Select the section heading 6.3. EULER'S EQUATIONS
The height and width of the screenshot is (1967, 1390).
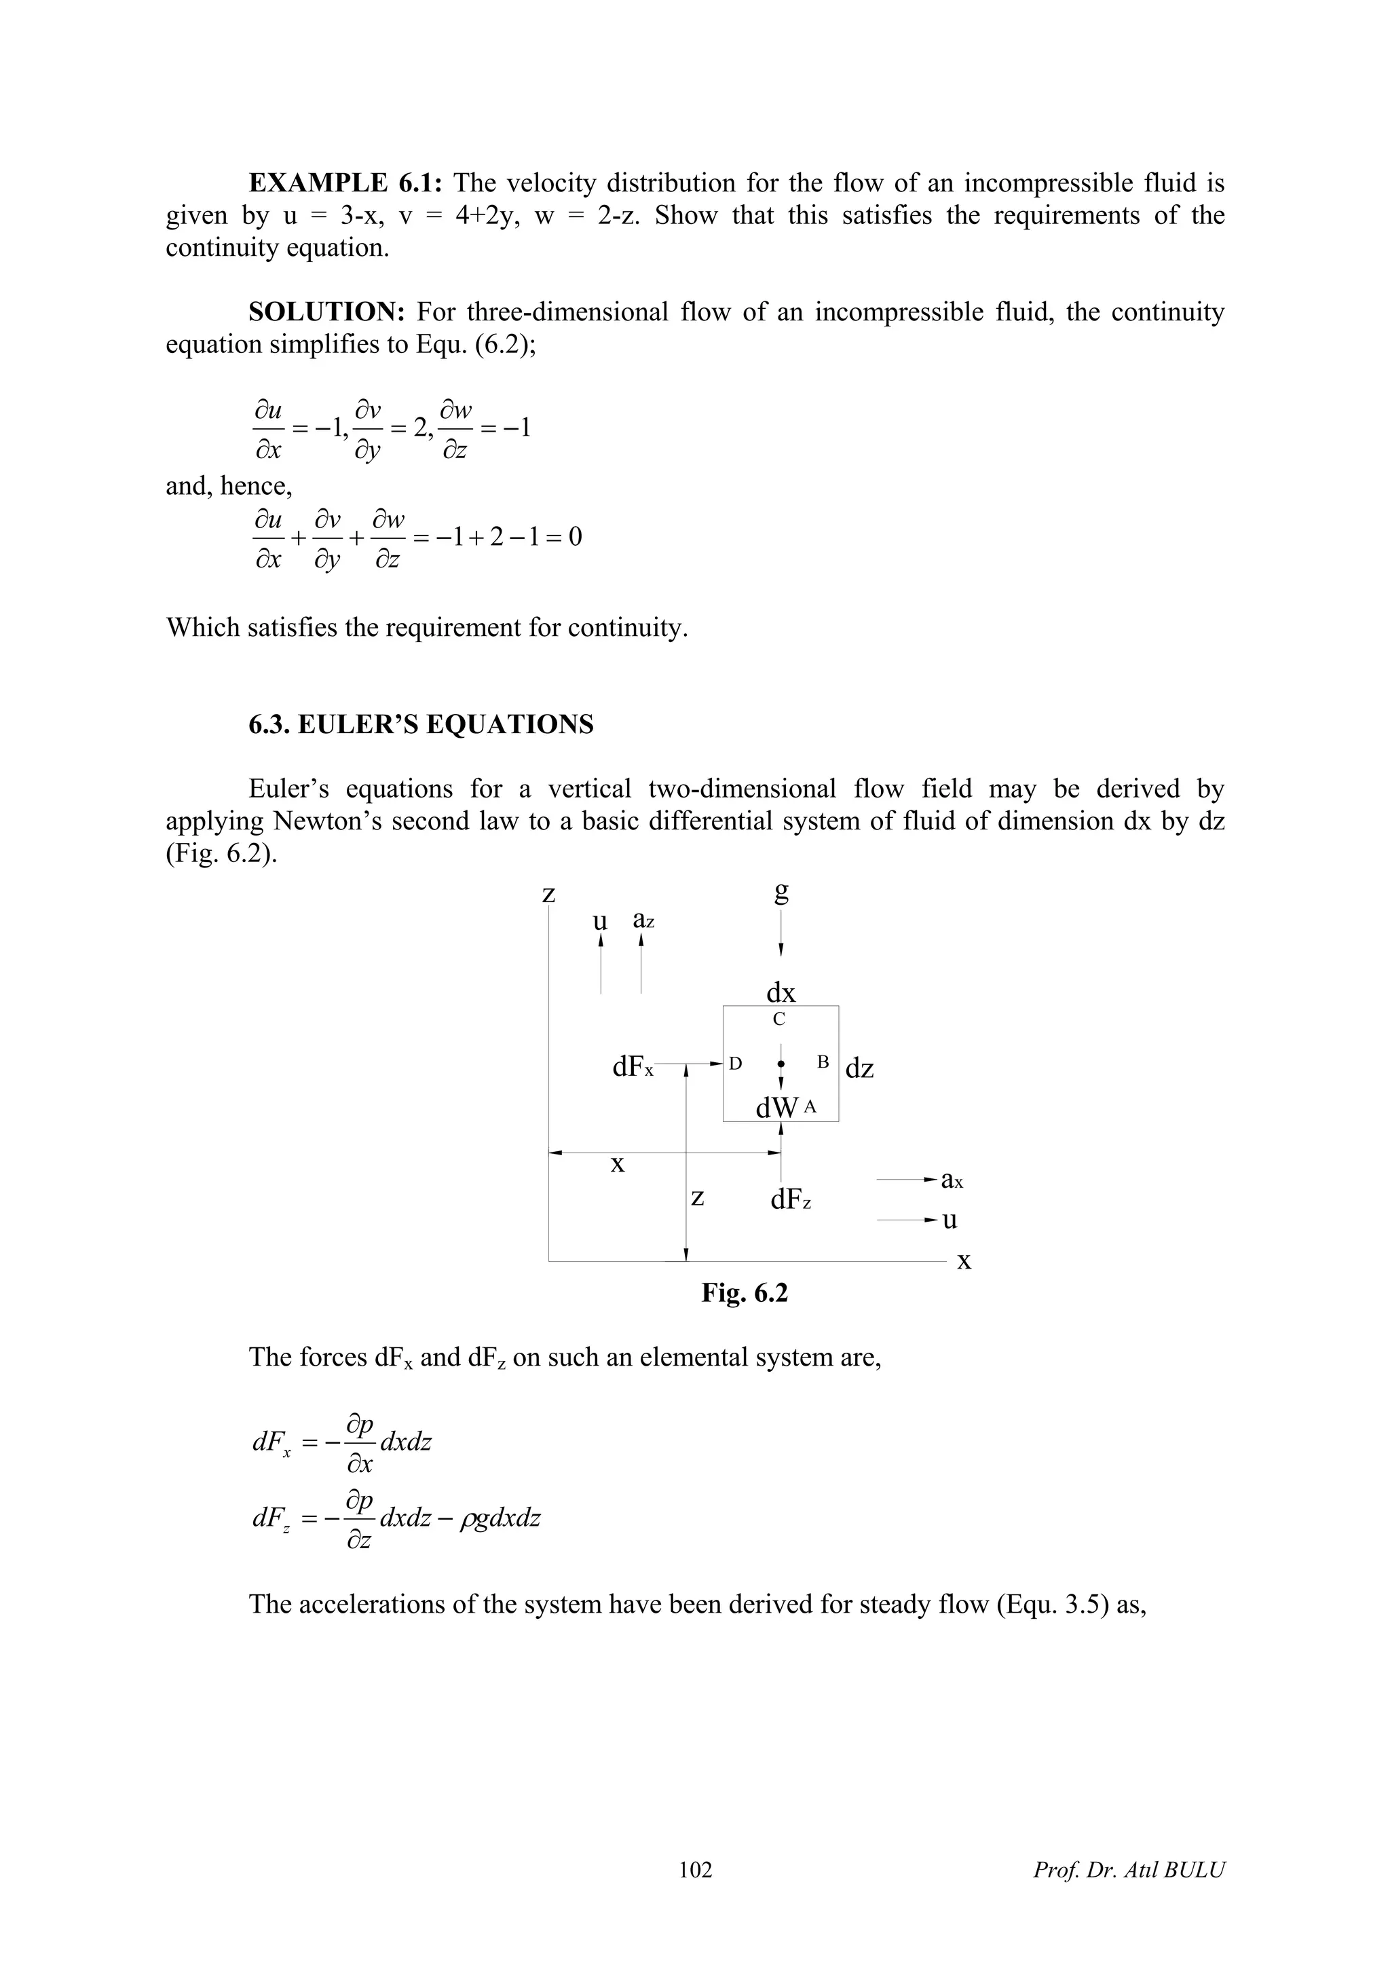(x=421, y=725)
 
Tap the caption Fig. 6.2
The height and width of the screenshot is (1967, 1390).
(x=743, y=1293)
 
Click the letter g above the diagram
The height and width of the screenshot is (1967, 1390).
(x=781, y=893)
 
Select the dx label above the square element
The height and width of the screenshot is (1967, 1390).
(x=781, y=993)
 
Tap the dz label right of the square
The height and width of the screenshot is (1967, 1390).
(x=859, y=1068)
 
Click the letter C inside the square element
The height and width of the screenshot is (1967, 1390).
(x=778, y=1019)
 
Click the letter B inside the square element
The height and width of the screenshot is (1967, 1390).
(x=823, y=1062)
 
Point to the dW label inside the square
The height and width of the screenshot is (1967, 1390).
(x=776, y=1108)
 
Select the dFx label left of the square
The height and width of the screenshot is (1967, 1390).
(x=632, y=1068)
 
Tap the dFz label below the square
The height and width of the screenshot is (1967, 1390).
(x=789, y=1200)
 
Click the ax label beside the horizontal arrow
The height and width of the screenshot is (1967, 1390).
(x=952, y=1180)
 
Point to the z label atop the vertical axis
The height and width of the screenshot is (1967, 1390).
(x=549, y=895)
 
